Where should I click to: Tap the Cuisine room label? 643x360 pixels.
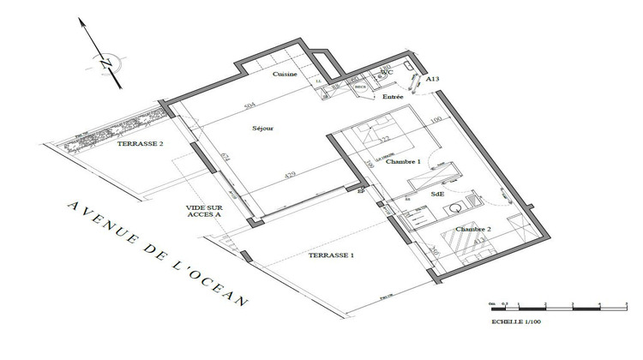click(x=285, y=75)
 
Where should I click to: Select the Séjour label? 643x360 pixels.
click(x=262, y=129)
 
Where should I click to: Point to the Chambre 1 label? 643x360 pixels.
click(x=403, y=161)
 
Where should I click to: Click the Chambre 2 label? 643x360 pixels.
click(x=472, y=229)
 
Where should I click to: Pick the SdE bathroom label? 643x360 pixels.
click(x=438, y=195)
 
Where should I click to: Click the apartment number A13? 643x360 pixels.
click(x=433, y=78)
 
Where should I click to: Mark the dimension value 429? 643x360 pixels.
click(x=290, y=177)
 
